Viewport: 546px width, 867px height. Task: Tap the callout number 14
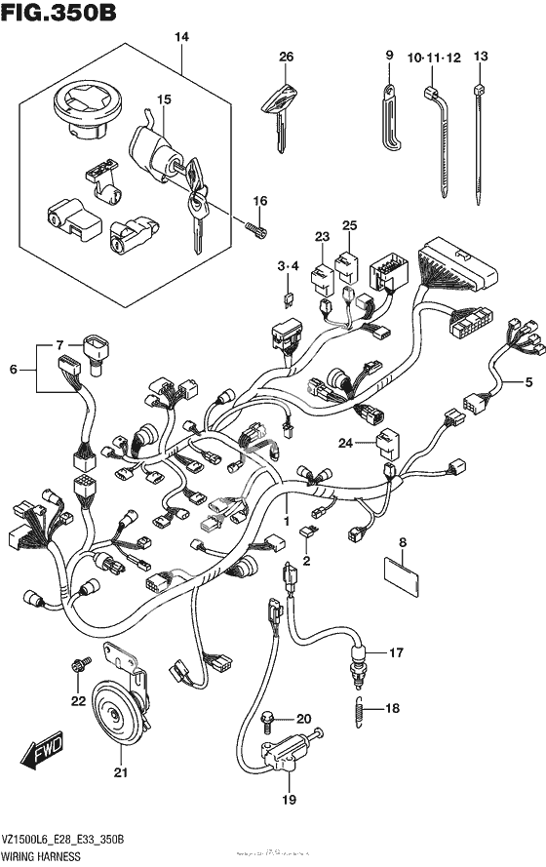[180, 37]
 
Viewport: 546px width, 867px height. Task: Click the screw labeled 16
[257, 228]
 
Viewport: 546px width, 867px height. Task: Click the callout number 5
[528, 381]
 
